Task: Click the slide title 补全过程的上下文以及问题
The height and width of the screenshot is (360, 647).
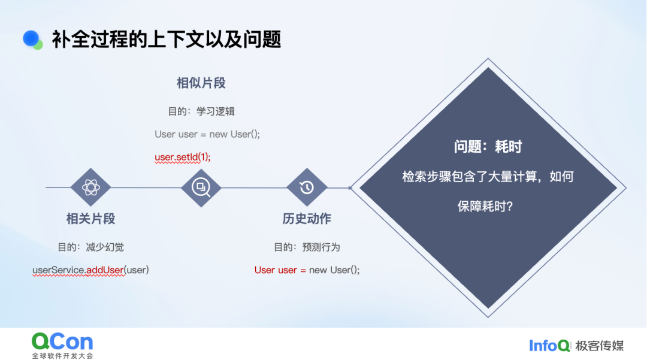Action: tap(167, 40)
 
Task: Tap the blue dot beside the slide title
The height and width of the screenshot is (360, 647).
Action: tap(31, 39)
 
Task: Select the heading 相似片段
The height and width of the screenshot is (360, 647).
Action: tap(201, 83)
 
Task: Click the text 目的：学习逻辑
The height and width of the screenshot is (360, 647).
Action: tap(201, 111)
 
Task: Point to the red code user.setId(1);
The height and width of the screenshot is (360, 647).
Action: tap(182, 157)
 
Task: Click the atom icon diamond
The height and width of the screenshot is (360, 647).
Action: tap(91, 187)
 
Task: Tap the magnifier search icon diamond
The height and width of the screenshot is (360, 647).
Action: tap(201, 187)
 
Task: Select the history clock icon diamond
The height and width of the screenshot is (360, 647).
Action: tap(307, 187)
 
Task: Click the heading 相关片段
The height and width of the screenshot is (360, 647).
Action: tap(91, 219)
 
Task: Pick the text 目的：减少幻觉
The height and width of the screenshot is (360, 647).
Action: tap(91, 247)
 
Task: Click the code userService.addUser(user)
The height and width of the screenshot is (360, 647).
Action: tap(91, 270)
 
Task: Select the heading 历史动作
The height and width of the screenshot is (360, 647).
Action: tap(307, 219)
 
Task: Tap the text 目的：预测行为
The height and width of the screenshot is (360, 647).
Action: tap(307, 247)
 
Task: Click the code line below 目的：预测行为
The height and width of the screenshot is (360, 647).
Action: tap(307, 270)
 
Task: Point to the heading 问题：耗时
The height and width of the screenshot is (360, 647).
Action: tap(488, 146)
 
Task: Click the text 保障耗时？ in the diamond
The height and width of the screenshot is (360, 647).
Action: tap(485, 206)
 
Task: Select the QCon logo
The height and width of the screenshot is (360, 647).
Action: tap(62, 346)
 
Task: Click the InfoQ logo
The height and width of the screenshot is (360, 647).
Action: tap(549, 346)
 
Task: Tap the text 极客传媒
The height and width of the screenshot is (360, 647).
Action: tap(600, 346)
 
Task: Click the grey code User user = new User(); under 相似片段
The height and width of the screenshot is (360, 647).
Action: tap(207, 134)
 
